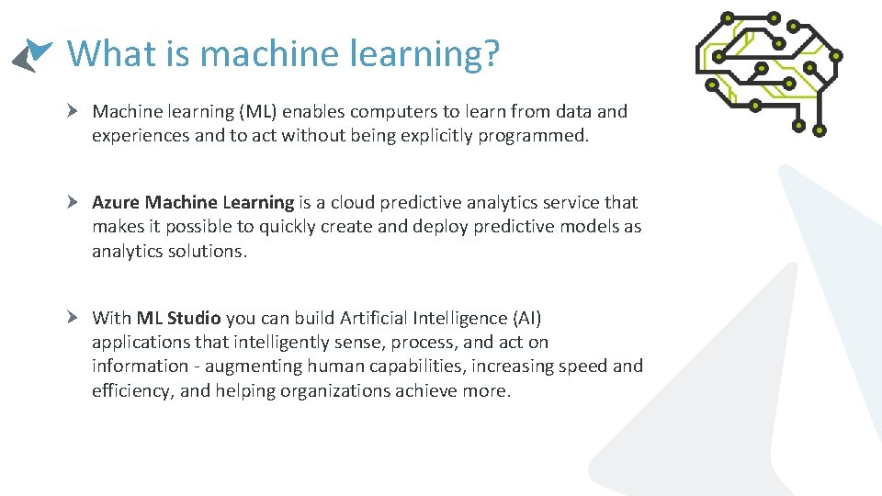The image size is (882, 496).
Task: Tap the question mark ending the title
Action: [x=489, y=53]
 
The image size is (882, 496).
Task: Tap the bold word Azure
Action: [x=116, y=202]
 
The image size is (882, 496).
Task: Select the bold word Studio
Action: [x=194, y=318]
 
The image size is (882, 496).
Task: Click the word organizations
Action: [x=337, y=390]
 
